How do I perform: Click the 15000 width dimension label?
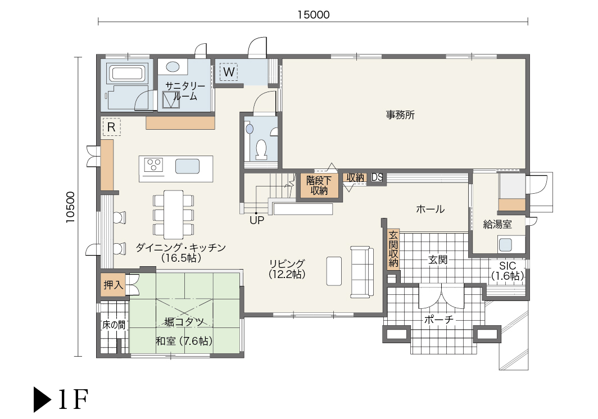click(314, 15)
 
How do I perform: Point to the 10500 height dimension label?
click(71, 207)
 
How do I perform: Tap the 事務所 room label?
click(400, 115)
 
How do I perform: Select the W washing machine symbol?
click(229, 72)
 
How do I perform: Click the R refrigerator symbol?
click(111, 127)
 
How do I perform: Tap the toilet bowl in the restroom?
click(261, 149)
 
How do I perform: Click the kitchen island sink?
click(187, 166)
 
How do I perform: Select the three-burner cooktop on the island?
click(154, 165)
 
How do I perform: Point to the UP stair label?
click(257, 220)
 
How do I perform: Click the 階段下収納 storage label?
click(319, 185)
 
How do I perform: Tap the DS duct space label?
click(377, 177)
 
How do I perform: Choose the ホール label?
click(430, 209)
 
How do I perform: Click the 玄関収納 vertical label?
click(393, 249)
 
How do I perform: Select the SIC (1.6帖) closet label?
click(507, 271)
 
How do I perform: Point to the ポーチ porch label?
click(438, 319)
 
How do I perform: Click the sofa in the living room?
click(362, 272)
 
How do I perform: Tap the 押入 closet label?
click(114, 284)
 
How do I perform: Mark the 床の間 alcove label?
click(114, 325)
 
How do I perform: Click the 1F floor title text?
click(73, 399)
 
